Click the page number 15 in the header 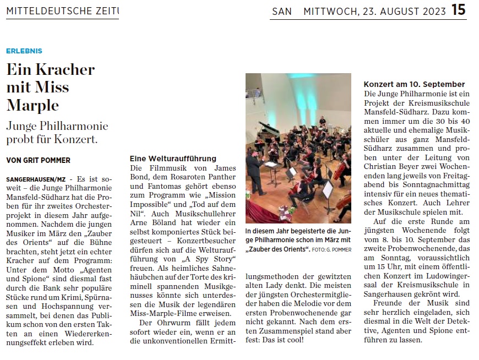coord(459,10)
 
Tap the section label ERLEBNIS coord(24,51)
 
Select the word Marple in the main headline coord(32,105)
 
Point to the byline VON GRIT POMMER coord(38,160)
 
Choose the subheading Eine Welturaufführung coord(173,159)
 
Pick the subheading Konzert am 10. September coord(414,84)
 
